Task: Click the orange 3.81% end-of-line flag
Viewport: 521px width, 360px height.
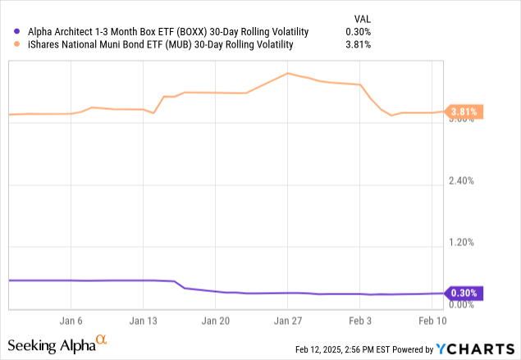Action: (x=464, y=112)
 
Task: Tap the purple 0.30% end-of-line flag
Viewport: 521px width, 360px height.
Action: (x=464, y=293)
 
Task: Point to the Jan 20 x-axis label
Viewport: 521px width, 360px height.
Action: (x=215, y=321)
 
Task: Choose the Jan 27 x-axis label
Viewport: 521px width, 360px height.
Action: (x=287, y=321)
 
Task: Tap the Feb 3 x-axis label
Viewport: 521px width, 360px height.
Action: (x=360, y=321)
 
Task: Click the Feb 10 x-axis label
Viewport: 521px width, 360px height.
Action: (x=432, y=321)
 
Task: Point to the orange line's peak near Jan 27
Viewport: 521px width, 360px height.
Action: (x=287, y=73)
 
